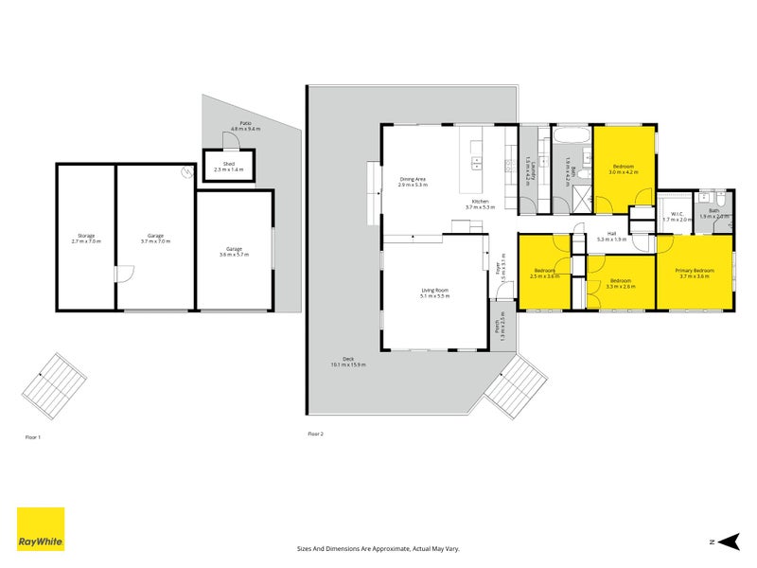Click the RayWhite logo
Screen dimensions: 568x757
point(41,529)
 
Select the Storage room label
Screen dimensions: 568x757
point(86,238)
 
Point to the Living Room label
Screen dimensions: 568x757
point(435,293)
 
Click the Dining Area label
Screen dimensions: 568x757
point(414,181)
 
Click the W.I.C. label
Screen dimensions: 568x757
point(677,215)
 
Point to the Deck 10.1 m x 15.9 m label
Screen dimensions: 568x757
point(348,361)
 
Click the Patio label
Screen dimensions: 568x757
point(245,126)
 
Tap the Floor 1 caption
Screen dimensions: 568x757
point(32,437)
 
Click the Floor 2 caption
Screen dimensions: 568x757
point(315,434)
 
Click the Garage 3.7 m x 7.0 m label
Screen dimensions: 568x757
point(155,238)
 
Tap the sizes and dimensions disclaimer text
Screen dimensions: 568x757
point(378,548)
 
